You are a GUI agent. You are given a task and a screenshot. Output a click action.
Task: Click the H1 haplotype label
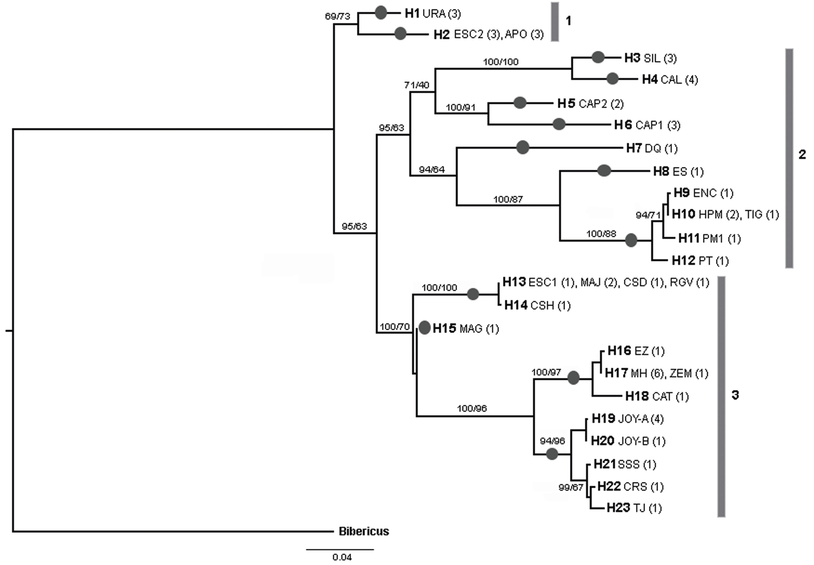coord(412,13)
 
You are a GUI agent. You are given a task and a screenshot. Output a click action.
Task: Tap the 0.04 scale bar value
coord(342,557)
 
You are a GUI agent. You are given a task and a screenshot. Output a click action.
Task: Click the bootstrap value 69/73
coord(337,16)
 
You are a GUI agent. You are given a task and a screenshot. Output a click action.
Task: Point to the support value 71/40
coord(416,85)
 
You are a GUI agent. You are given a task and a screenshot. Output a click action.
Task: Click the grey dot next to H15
coord(425,328)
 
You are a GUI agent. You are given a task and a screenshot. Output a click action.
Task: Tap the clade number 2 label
coord(802,154)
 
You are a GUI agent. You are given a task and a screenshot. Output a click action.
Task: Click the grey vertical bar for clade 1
coord(555,22)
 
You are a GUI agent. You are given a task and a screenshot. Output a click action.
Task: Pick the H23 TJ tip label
coord(634,508)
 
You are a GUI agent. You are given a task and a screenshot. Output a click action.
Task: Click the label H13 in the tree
coord(514,282)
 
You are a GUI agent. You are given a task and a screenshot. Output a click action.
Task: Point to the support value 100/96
coord(472,408)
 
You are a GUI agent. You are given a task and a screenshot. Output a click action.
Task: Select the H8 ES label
coord(678,172)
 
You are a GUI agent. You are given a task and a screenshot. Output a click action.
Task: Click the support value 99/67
coord(571,488)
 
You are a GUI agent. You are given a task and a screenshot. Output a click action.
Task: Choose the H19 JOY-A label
coord(627,419)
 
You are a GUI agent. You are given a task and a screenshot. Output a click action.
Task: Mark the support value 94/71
coord(648,215)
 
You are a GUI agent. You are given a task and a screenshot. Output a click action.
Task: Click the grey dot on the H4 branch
coord(612,79)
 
